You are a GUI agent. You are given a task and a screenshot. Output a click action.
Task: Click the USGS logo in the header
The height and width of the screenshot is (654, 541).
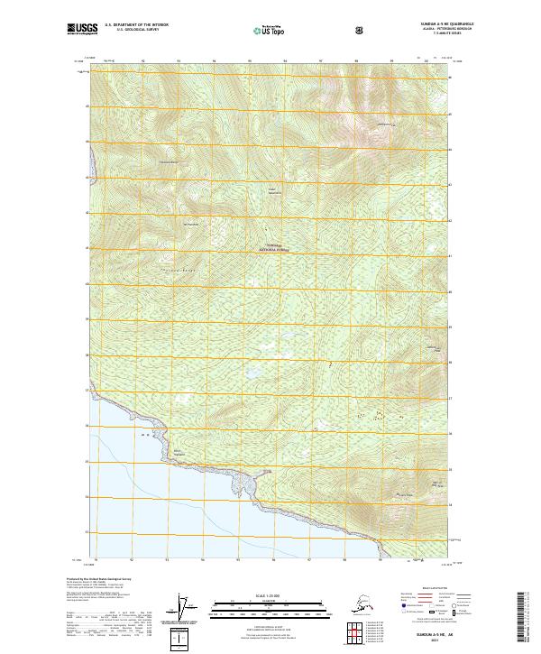[x=84, y=29]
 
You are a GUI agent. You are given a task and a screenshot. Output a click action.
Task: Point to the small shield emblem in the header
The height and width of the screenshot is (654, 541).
[x=360, y=30]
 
